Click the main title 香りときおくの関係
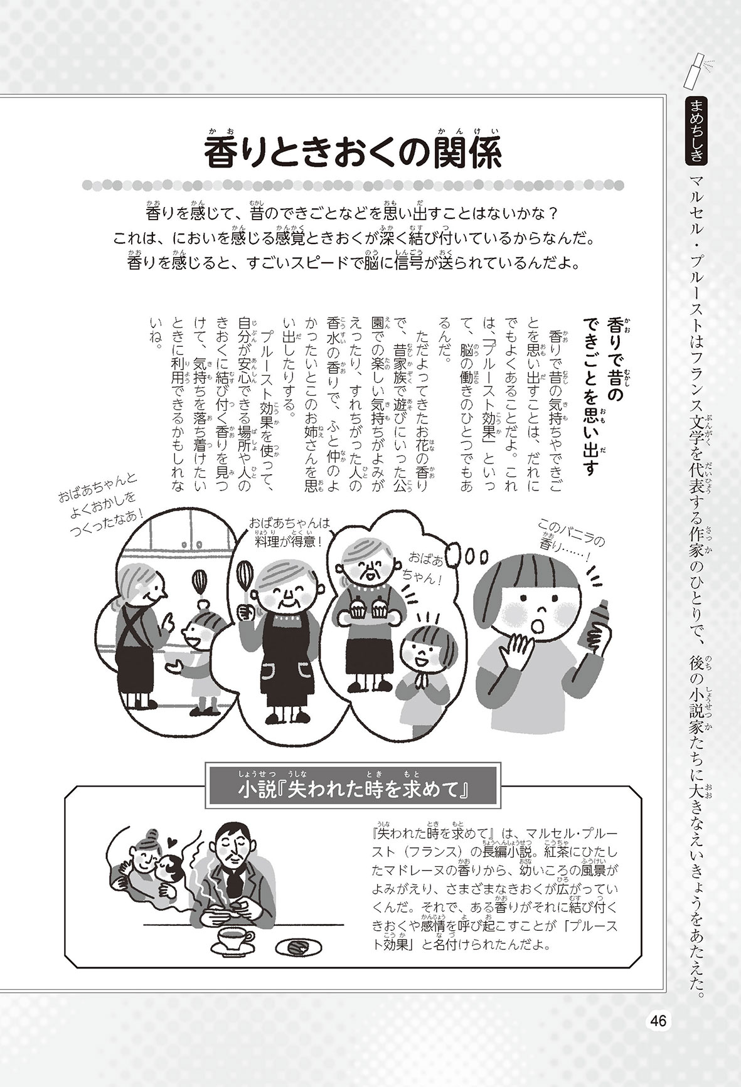point(354,152)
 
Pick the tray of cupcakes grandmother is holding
point(370,611)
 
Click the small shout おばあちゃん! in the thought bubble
point(427,568)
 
